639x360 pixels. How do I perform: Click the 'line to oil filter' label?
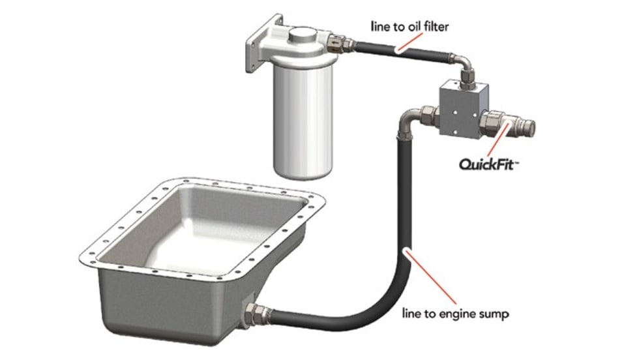[x=409, y=27]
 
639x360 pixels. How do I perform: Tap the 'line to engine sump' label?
[x=456, y=314]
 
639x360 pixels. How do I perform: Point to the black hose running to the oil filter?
[x=402, y=51]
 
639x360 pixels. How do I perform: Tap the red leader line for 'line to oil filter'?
[x=409, y=43]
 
